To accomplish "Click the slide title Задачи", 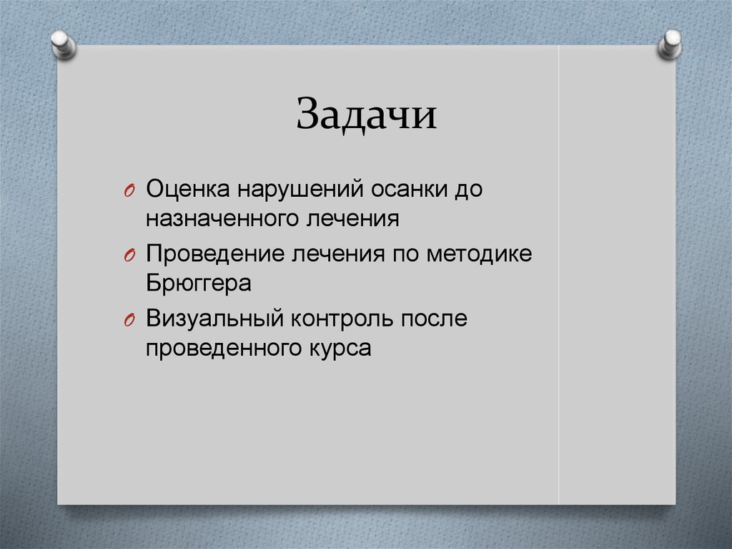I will pyautogui.click(x=366, y=115).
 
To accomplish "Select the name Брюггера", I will pyautogui.click(x=199, y=283).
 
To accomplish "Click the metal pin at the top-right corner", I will pyautogui.click(x=670, y=44).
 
